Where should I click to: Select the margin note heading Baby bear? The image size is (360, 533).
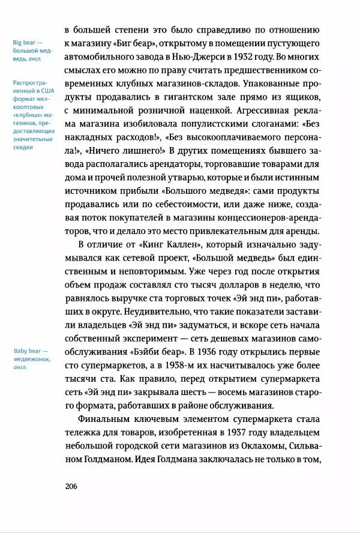(x=31, y=352)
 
